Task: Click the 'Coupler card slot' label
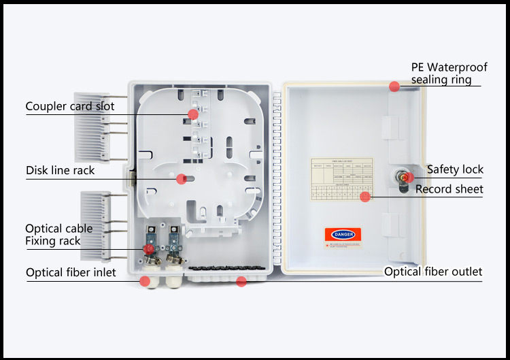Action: [x=70, y=106]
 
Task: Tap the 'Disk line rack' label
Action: [x=61, y=170]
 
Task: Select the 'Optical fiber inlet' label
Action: [x=71, y=273]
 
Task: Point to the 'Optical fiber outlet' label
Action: [x=433, y=272]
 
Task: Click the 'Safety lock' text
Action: [x=455, y=169]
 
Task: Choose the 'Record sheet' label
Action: [x=449, y=189]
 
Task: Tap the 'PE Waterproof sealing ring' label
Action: [x=449, y=73]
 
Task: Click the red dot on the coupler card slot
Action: [x=193, y=114]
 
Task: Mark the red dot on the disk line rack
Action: [x=181, y=179]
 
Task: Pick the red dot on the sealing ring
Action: [x=394, y=86]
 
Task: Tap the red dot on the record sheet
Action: [x=365, y=197]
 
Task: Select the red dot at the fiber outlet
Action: [x=241, y=280]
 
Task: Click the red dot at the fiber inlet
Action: [x=146, y=280]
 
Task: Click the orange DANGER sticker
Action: [x=343, y=234]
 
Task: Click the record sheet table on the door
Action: [x=342, y=180]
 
